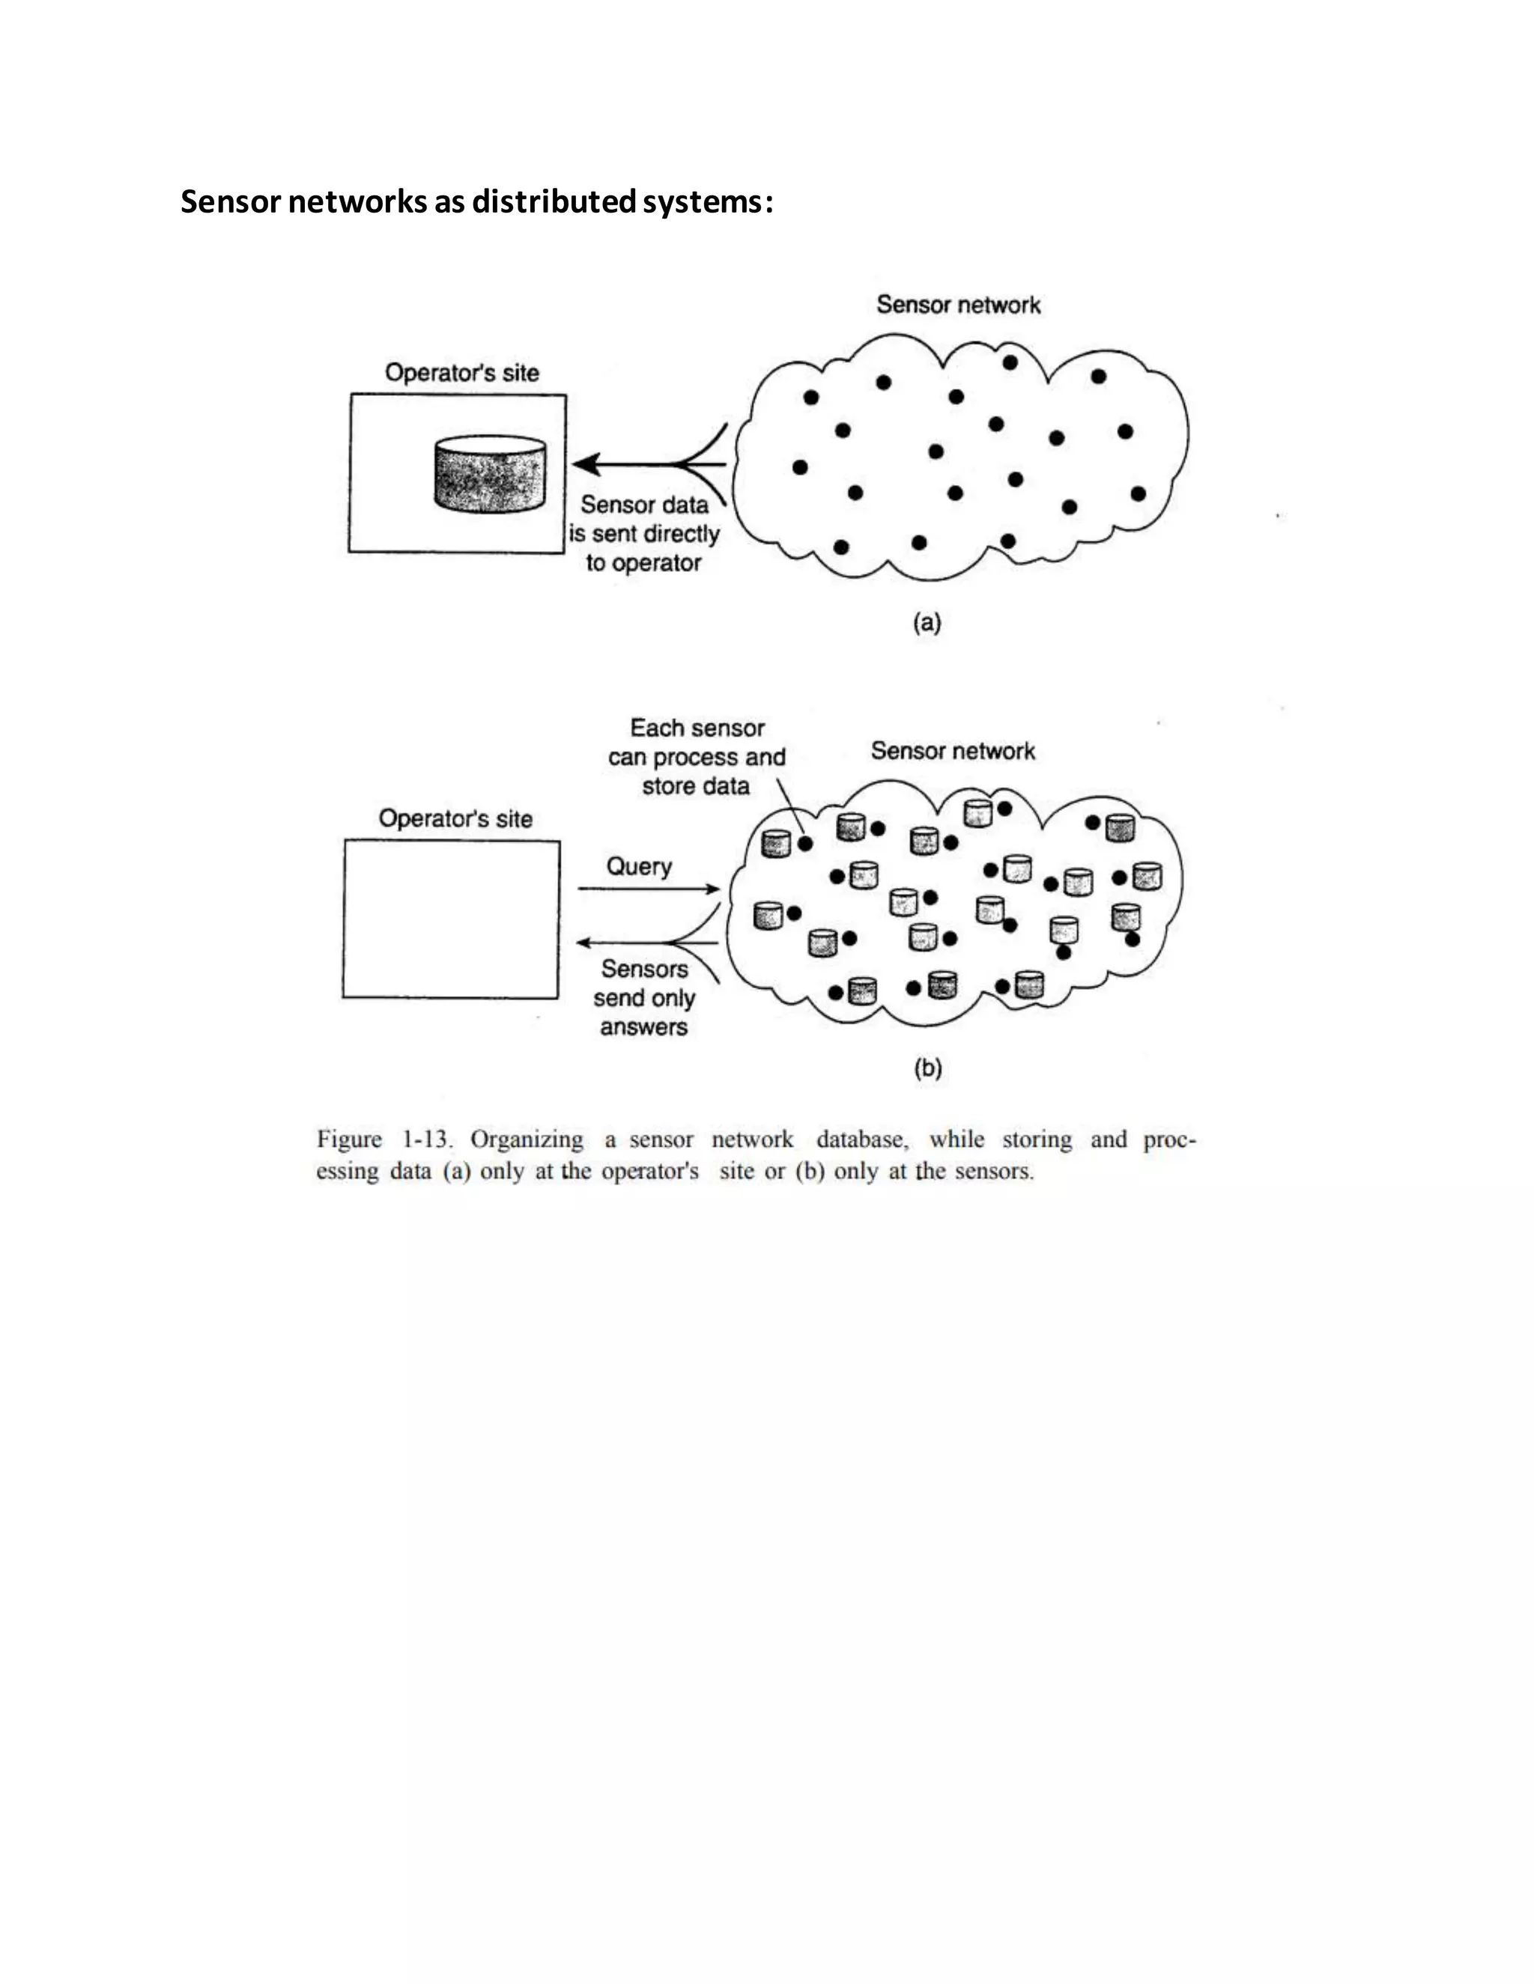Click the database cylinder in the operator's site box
coord(491,474)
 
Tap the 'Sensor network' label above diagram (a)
coord(958,305)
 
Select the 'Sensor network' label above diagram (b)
coord(953,751)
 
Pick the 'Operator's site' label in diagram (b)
coord(455,819)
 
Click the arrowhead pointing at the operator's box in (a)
coord(585,464)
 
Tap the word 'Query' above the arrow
coord(639,867)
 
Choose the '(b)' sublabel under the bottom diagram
coord(928,1068)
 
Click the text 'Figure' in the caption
coord(349,1140)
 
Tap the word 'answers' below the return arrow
coord(643,1027)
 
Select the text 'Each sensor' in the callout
coord(697,728)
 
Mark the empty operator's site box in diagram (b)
coord(451,919)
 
